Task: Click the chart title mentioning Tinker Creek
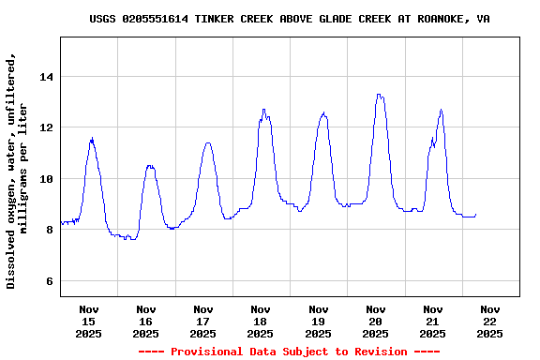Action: pos(289,19)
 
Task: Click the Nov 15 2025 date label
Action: pos(89,321)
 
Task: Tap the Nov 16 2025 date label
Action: pos(146,321)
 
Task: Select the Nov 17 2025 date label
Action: pos(203,321)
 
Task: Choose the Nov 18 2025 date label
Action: pos(261,321)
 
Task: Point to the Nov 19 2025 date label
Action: pos(318,321)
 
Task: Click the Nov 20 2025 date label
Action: pos(375,321)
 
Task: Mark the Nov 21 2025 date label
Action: pos(432,321)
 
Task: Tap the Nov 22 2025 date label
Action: pos(489,321)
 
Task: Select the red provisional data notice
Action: pos(289,352)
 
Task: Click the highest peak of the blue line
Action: pos(378,94)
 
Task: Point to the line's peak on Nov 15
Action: pos(92,139)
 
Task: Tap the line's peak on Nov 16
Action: pos(149,166)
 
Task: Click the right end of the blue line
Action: pos(476,215)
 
